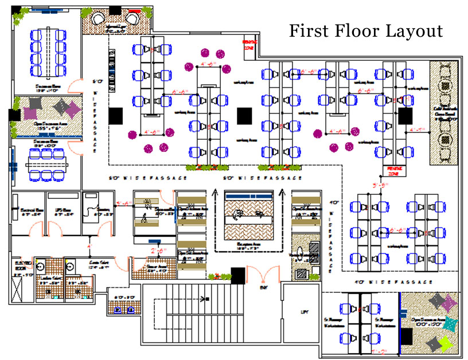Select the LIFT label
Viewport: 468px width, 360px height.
304,312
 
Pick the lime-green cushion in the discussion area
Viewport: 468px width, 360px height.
443,343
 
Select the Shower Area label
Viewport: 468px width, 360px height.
157,268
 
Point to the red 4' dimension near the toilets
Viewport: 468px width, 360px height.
89,246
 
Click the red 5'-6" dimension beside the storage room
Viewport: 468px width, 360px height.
123,203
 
